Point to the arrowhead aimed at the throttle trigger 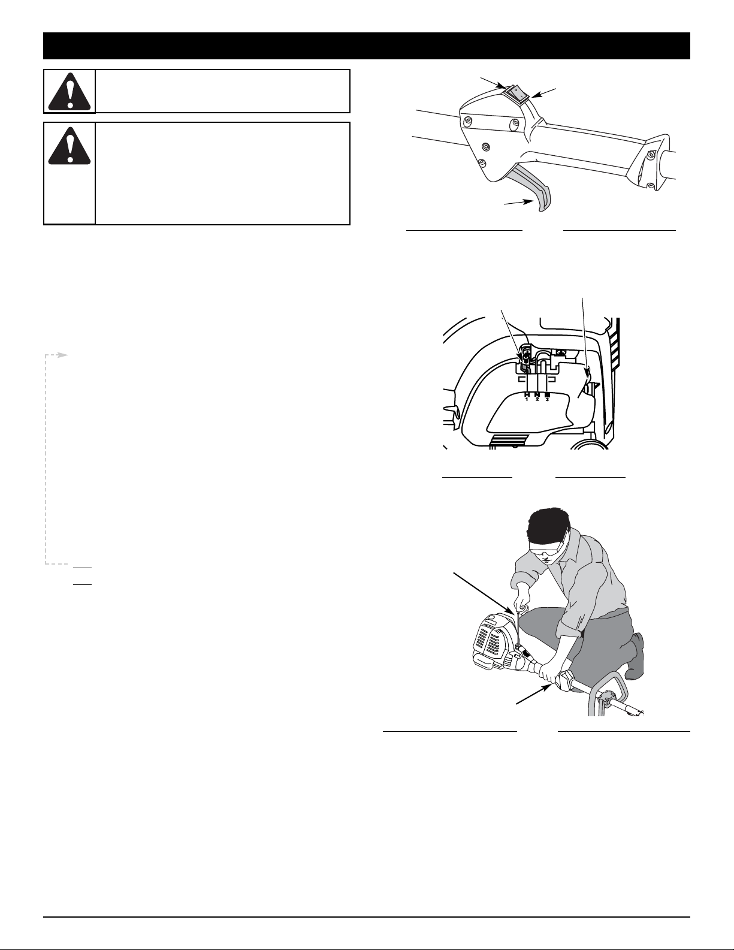(x=528, y=201)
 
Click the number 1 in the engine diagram (x=527, y=399)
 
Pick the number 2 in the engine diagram (x=537, y=399)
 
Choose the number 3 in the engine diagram (x=547, y=399)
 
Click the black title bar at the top (x=366, y=46)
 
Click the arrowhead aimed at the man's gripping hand (x=545, y=689)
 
